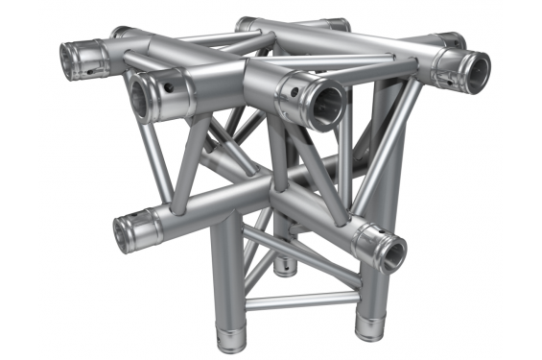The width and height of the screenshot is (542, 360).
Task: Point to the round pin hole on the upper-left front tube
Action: pos(171,88)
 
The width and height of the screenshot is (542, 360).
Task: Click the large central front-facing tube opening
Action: pos(324,101)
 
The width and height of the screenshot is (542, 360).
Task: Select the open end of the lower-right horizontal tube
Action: pos(390,252)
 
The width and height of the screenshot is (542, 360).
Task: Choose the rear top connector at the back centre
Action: pos(251,22)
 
